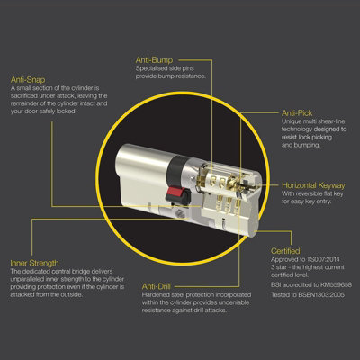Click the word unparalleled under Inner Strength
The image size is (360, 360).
click(x=30, y=278)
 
